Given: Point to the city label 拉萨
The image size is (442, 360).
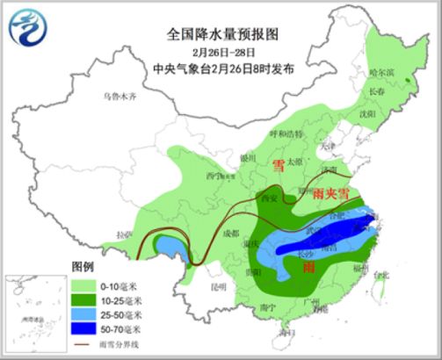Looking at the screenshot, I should [x=122, y=235].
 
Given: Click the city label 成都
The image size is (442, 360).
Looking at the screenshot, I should [x=229, y=234].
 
